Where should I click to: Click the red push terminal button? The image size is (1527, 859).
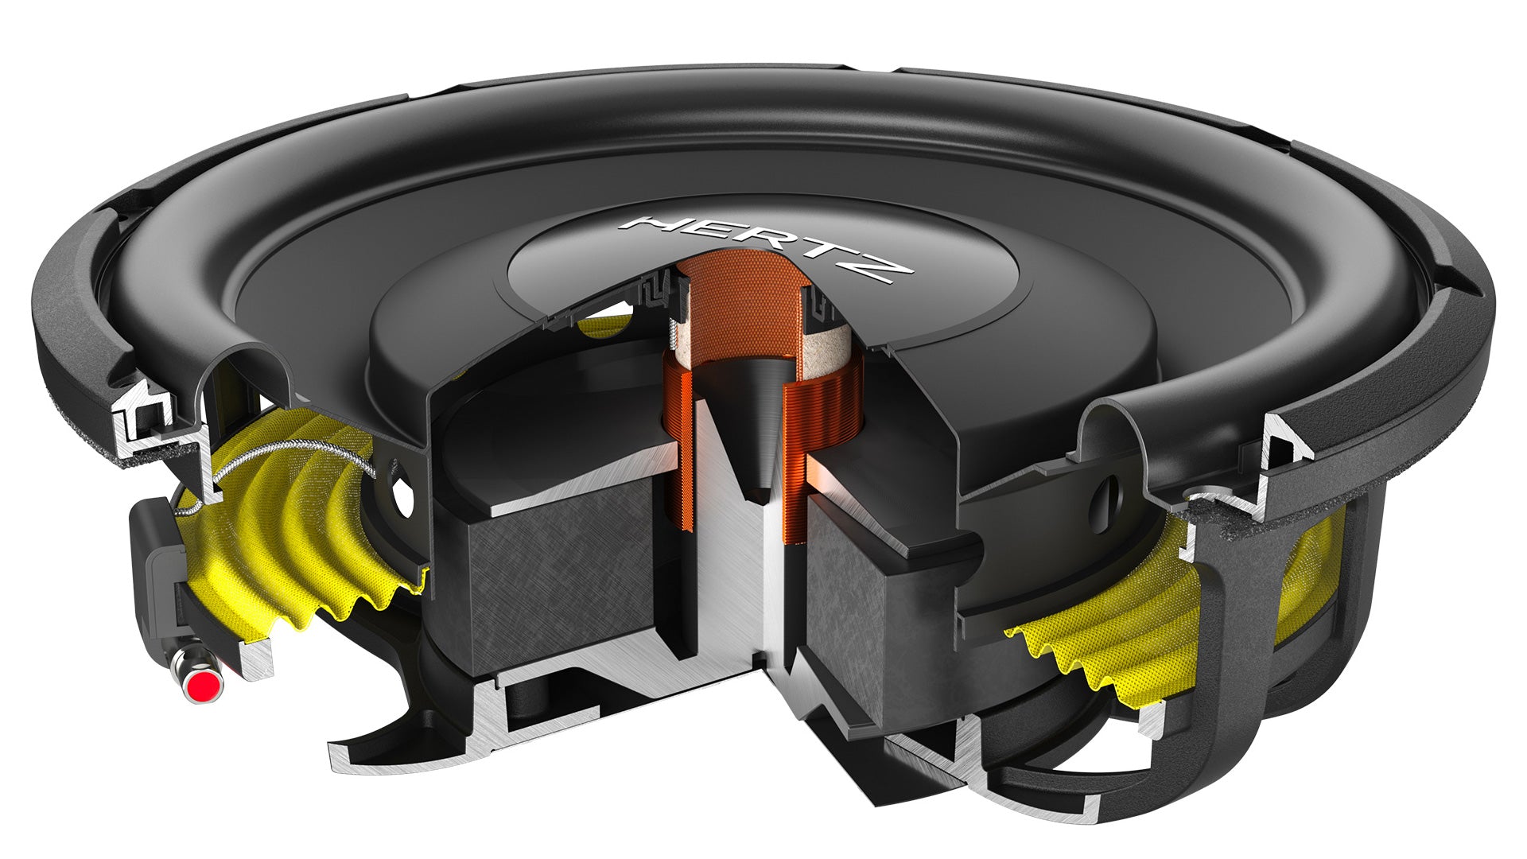coord(204,683)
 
